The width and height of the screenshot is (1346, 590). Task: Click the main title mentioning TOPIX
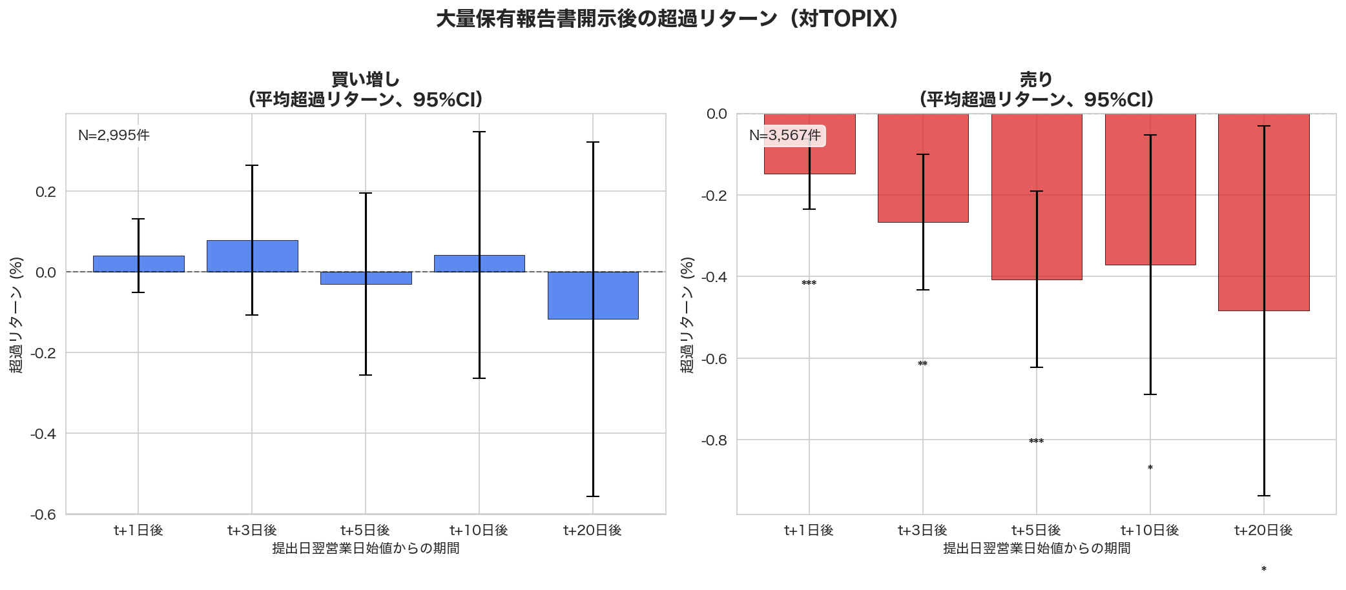tap(667, 19)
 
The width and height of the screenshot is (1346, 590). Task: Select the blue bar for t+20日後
tap(593, 295)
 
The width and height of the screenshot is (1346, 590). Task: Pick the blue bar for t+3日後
tap(252, 256)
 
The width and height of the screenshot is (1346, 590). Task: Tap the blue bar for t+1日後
tap(138, 264)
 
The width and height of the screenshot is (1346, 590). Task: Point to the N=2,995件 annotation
tap(114, 136)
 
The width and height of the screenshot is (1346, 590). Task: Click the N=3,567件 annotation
tap(785, 136)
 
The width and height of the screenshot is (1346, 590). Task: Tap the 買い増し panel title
tap(366, 80)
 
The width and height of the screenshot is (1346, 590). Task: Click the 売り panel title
tap(1036, 80)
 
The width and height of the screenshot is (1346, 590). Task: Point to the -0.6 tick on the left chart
tap(43, 514)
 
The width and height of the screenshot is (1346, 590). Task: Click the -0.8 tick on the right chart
tap(714, 440)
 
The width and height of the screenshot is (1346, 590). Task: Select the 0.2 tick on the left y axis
tap(45, 192)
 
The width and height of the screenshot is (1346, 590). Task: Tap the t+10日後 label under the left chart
tap(479, 531)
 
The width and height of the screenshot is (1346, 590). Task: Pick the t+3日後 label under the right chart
tap(922, 531)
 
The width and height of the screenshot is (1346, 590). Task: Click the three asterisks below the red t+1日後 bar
tap(809, 283)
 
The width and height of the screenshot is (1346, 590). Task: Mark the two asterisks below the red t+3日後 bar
tap(922, 364)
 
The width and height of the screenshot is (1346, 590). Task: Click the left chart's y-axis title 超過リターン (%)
tap(16, 314)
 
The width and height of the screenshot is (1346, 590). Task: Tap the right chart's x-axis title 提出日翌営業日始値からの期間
tap(1036, 549)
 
